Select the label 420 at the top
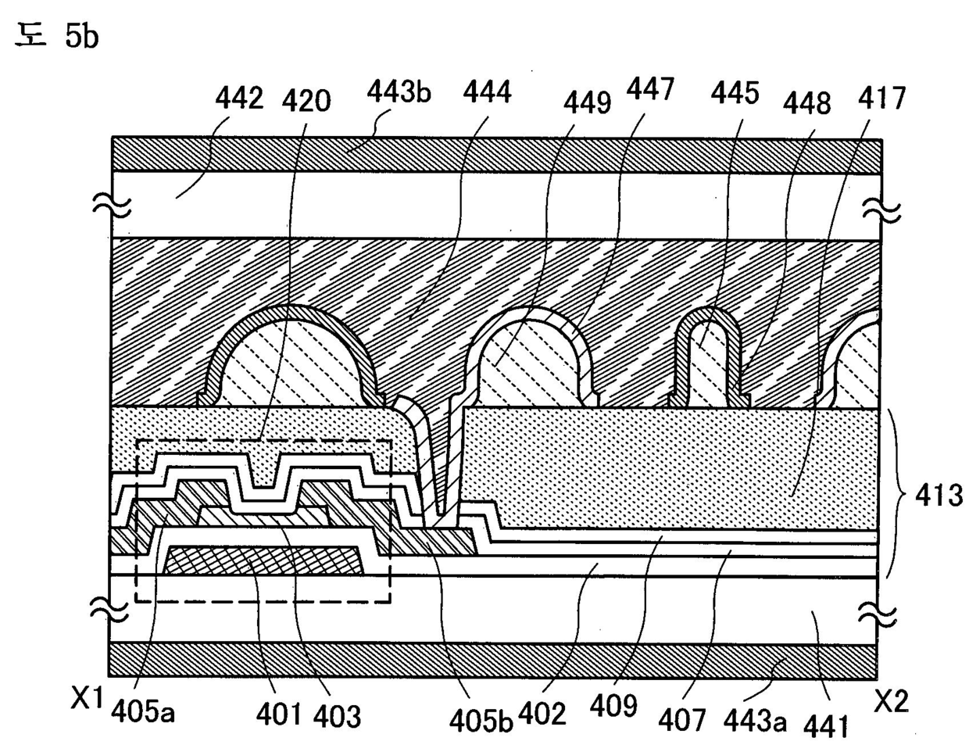click(307, 100)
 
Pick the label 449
click(586, 102)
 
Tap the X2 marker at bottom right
click(891, 702)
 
